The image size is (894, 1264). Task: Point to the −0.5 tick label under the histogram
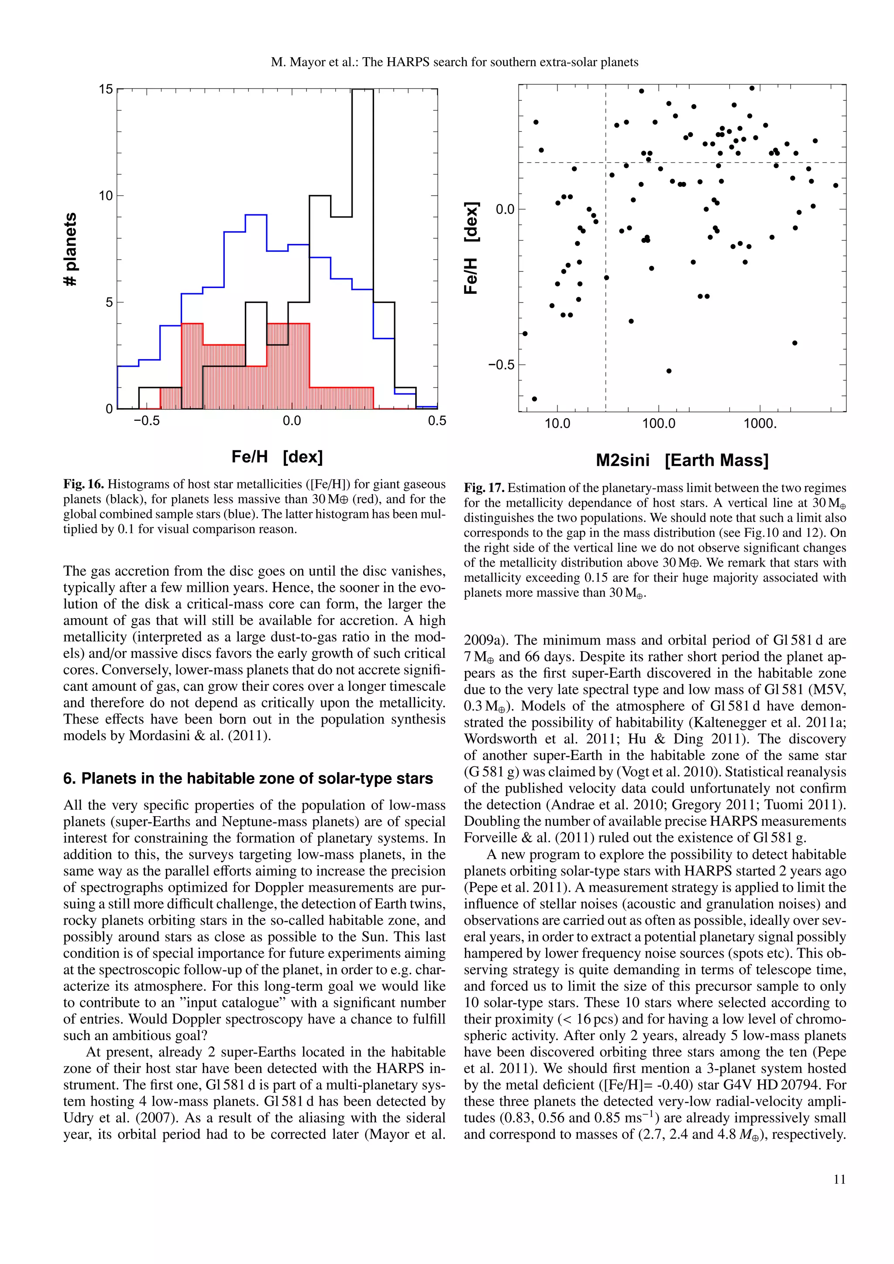(x=146, y=421)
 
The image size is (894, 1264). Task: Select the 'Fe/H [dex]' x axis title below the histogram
(x=277, y=457)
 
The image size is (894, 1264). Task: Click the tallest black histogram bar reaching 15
(x=362, y=248)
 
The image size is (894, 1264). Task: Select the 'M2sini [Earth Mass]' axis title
(x=682, y=460)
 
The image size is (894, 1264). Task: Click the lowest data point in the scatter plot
(x=534, y=398)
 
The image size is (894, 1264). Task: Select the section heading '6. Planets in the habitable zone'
(x=248, y=779)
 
